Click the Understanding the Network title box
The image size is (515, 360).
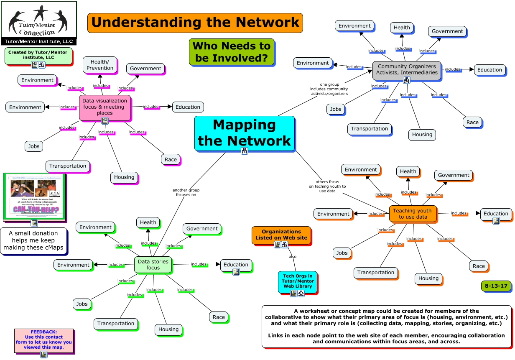(195, 23)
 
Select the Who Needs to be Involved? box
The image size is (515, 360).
(232, 52)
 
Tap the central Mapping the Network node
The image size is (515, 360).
(244, 133)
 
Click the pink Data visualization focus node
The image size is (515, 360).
(105, 107)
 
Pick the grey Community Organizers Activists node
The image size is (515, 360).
(406, 69)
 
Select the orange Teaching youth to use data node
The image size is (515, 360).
(413, 214)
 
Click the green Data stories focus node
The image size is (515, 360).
(153, 264)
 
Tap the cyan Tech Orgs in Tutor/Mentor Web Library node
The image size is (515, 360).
(297, 281)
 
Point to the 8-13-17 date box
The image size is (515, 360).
(496, 286)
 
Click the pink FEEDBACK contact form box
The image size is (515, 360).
(43, 338)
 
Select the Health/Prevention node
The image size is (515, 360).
(99, 65)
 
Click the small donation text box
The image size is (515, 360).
(33, 240)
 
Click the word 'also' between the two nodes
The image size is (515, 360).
(293, 256)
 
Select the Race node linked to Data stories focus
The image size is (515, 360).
(219, 317)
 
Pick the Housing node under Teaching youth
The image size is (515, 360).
(428, 278)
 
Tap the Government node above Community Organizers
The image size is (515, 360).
(447, 31)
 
